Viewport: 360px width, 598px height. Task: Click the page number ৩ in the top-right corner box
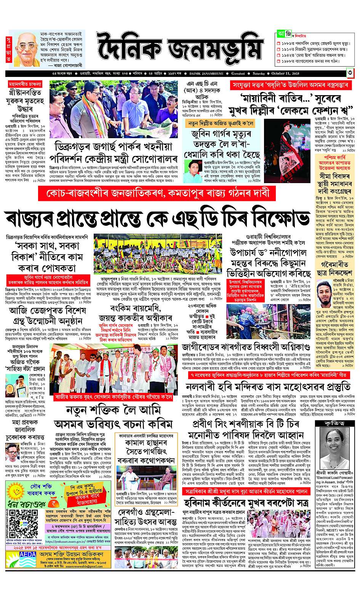(x=350, y=72)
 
